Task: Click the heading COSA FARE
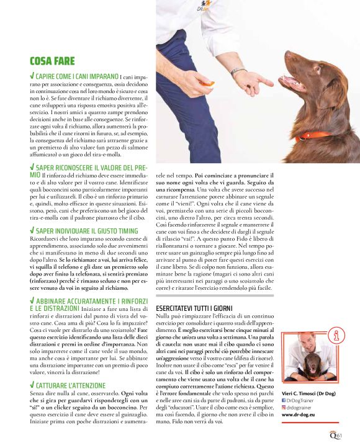pos(52,61)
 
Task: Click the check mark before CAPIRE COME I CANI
pos(32,75)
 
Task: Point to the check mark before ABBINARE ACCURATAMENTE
pos(32,300)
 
